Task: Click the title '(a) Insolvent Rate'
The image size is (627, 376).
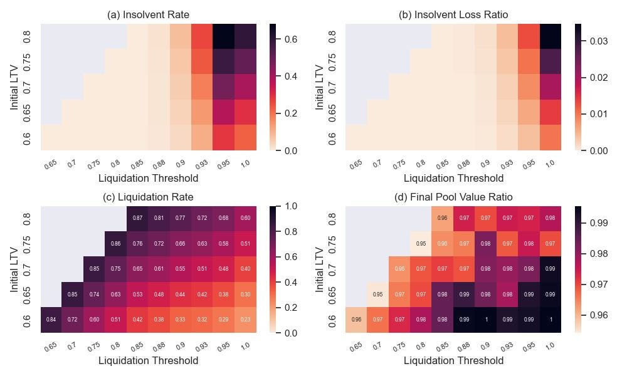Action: coord(149,14)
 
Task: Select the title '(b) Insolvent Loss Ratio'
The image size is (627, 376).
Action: coord(453,14)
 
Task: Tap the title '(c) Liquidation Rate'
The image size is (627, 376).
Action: coord(149,197)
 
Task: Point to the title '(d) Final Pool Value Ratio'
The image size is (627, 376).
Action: coord(453,197)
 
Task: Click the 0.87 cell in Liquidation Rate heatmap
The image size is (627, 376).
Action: coord(138,217)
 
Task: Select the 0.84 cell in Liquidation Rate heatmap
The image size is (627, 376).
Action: coord(51,320)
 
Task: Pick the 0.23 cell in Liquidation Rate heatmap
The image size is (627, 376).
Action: coord(245,320)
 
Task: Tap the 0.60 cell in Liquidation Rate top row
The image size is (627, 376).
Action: coord(245,217)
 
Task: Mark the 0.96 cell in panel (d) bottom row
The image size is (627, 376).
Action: coord(357,320)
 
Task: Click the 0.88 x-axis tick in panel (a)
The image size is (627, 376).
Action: coord(159,164)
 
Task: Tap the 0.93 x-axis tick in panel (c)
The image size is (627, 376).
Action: coord(202,347)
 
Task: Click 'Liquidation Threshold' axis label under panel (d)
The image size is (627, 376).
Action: coord(453,360)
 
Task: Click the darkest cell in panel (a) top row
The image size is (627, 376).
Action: coord(224,36)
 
